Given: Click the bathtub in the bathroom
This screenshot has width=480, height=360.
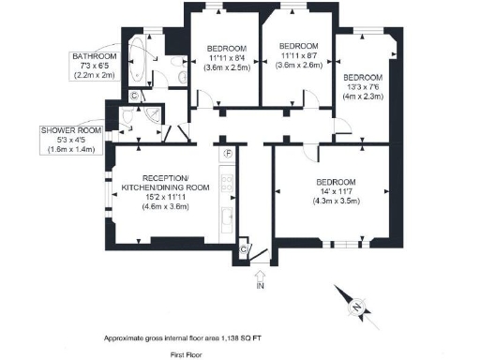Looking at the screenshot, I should [138, 61].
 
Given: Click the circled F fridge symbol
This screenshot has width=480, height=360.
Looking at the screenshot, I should [227, 153].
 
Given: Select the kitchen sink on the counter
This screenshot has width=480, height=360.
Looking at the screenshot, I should [226, 220].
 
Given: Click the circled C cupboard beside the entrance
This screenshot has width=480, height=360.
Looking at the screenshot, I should [244, 249].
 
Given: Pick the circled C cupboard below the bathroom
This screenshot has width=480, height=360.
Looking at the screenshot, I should [134, 96].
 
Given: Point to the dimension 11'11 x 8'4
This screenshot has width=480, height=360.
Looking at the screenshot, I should [227, 57].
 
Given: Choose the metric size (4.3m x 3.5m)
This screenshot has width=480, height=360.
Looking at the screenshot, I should [336, 202].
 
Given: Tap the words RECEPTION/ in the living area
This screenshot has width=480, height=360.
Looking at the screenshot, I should [165, 178].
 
